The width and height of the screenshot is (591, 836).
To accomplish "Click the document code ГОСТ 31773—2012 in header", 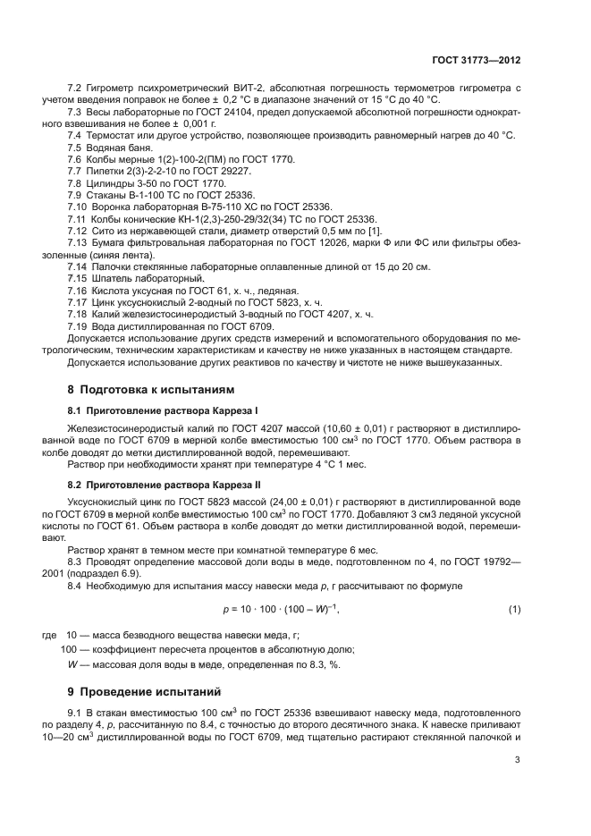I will [477, 58].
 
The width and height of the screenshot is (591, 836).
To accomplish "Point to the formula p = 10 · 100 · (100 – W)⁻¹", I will [282, 609].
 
